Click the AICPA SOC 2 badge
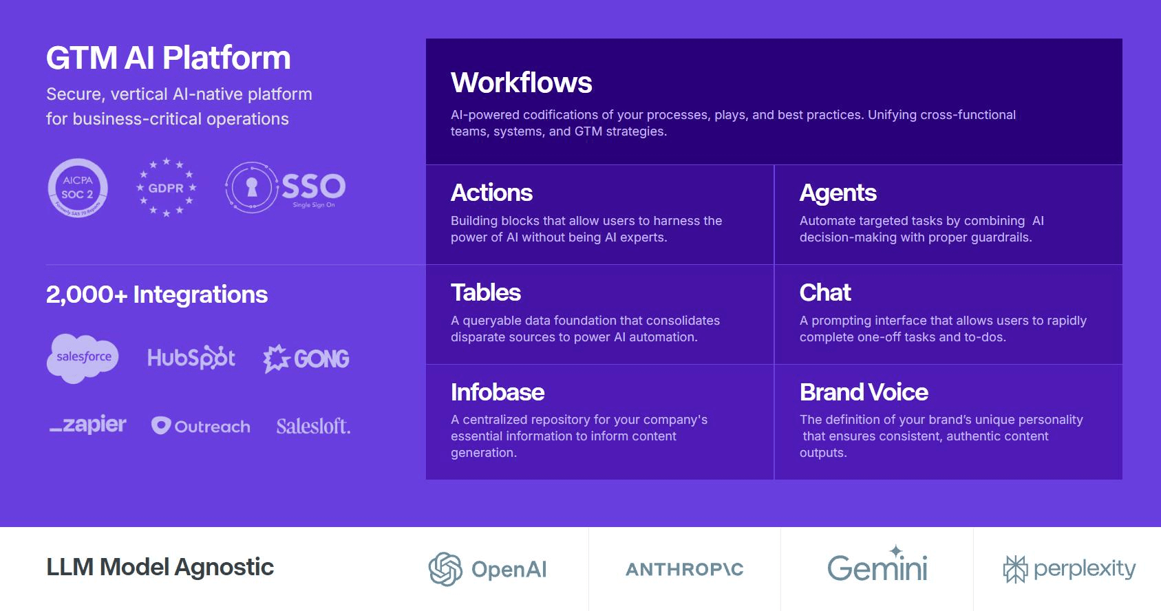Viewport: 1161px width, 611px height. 78,188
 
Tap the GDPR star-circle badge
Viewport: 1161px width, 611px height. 166,188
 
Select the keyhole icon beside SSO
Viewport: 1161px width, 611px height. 252,188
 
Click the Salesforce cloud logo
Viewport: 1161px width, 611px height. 83,358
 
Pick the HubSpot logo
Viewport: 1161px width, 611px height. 191,358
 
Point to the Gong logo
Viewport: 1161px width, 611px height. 306,358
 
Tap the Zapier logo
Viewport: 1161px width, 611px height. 87,425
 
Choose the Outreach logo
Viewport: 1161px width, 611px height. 200,426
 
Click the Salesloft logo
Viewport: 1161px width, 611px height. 314,426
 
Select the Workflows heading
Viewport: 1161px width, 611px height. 522,83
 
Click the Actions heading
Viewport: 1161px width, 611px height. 491,193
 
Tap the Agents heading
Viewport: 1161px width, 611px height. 838,193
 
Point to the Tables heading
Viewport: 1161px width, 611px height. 486,292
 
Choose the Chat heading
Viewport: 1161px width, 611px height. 825,292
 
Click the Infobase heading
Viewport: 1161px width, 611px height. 498,392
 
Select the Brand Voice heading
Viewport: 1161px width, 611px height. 864,392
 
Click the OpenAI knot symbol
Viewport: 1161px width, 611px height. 445,569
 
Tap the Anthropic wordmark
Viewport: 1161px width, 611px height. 685,570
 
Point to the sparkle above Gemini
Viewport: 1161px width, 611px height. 896,550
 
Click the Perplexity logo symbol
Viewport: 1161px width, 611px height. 1015,569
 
